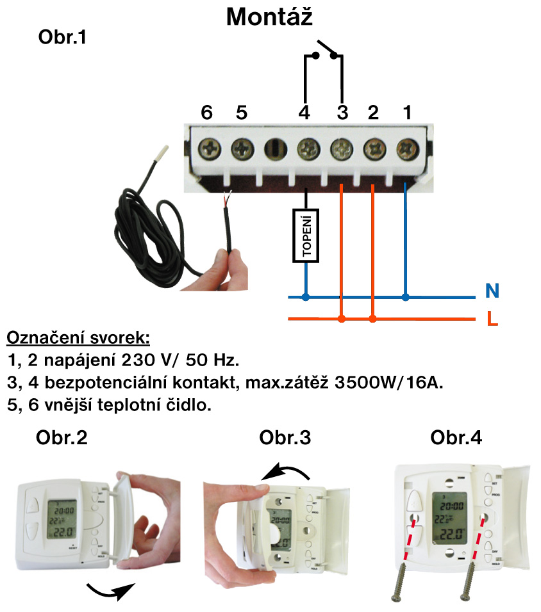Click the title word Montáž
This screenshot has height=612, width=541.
point(269,17)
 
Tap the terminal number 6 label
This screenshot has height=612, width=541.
point(206,113)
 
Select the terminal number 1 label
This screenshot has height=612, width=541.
point(406,113)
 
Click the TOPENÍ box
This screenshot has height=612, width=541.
point(306,235)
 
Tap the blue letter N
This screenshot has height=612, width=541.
point(492,292)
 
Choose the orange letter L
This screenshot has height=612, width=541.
point(492,318)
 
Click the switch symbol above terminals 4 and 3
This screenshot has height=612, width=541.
point(324,52)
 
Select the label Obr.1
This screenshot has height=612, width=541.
point(62,38)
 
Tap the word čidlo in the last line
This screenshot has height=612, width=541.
point(188,405)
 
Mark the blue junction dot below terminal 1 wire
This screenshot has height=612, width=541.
point(406,297)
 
